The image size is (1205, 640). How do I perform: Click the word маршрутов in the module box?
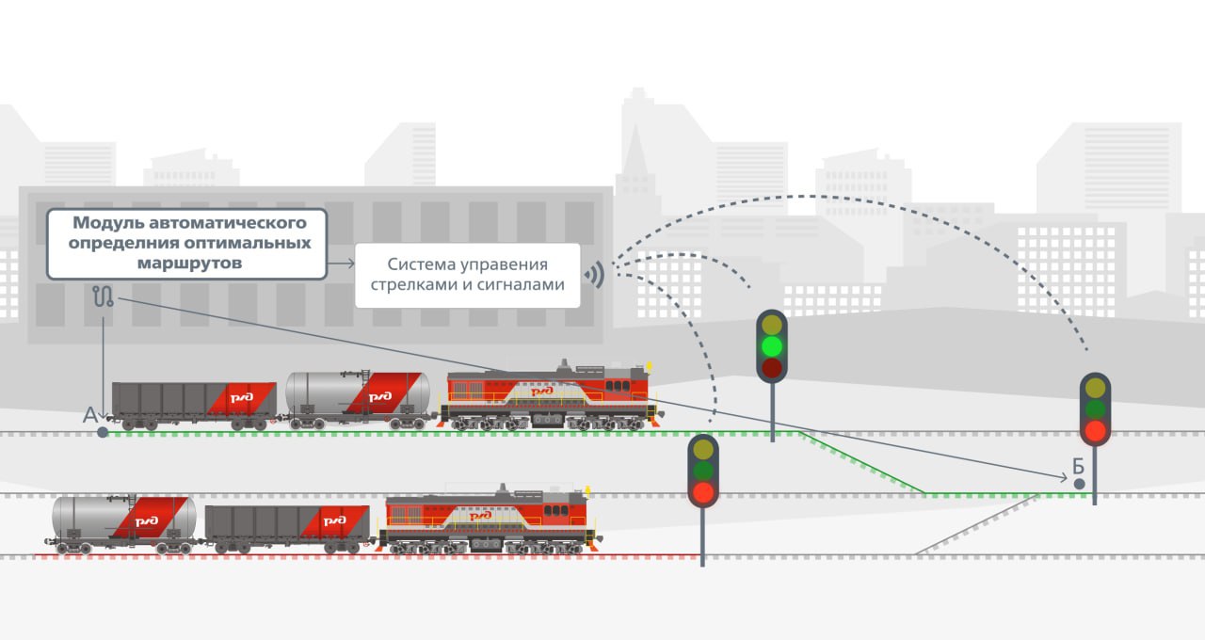187,264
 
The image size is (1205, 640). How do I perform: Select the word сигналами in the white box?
527,284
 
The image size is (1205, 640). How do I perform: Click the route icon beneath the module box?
104,296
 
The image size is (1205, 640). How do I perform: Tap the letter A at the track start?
90,415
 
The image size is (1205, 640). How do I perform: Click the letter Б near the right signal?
1079,466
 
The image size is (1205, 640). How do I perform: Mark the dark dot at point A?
103,433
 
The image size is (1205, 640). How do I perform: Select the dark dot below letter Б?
1080,484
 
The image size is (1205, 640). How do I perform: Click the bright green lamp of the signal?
772,346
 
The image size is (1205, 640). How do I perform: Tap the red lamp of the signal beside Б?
1095,431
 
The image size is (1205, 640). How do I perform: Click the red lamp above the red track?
702,491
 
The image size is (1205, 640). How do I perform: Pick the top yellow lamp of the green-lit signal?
772,325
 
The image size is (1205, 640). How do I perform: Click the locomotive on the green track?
551,397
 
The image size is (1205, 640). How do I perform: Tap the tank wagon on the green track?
358,397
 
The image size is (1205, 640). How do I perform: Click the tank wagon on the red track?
123,521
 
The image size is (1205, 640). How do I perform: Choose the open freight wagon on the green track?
194,403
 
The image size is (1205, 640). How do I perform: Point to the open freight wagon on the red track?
287,526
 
